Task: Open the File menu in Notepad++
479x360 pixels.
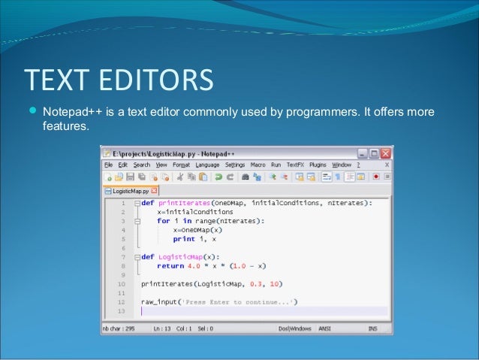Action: coord(108,165)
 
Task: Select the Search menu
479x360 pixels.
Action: coord(142,165)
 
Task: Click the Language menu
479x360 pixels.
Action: coord(207,165)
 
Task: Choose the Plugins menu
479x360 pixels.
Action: coord(318,165)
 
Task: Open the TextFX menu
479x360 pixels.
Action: coord(296,165)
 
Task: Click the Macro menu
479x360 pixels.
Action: coord(258,165)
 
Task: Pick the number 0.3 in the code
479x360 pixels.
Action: coord(257,284)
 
